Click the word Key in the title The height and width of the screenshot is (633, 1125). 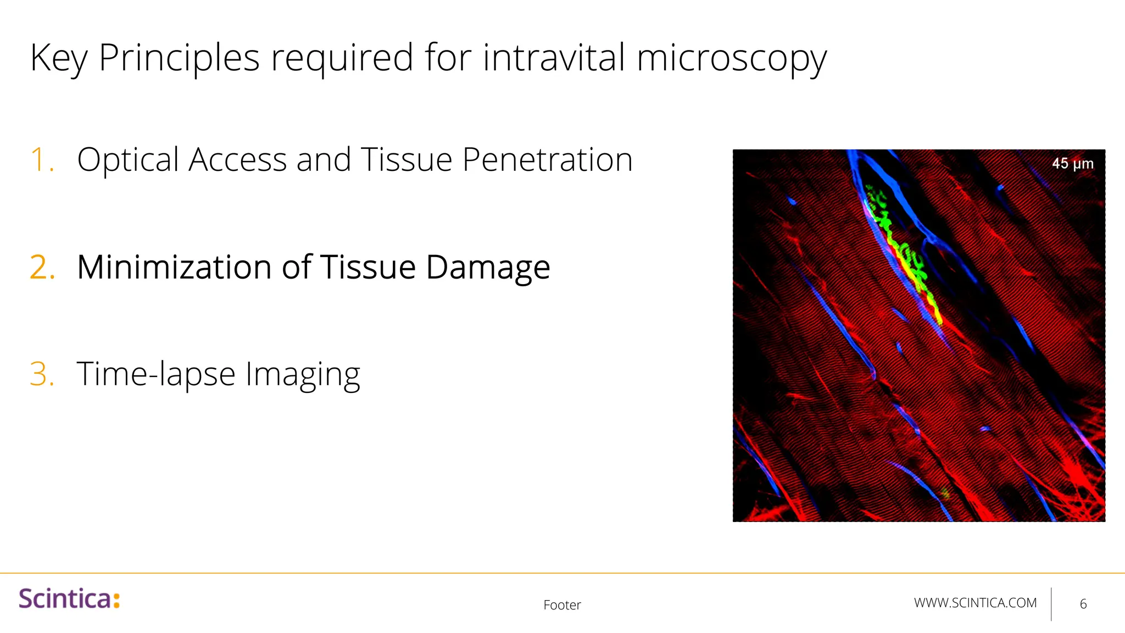click(x=58, y=58)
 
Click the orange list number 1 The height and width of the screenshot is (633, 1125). click(x=42, y=160)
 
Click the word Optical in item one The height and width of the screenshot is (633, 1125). click(x=128, y=160)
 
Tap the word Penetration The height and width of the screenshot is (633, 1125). click(x=547, y=160)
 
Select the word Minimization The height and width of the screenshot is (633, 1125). click(x=174, y=268)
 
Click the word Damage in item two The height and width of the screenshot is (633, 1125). click(x=488, y=268)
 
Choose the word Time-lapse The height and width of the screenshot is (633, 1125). click(x=156, y=374)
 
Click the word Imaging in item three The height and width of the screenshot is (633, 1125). click(x=302, y=374)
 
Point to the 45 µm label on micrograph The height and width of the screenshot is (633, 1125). click(x=1072, y=164)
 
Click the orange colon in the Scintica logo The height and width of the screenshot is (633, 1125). click(x=116, y=599)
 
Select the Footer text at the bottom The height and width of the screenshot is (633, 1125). click(x=562, y=605)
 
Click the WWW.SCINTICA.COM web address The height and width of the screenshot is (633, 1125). click(x=975, y=603)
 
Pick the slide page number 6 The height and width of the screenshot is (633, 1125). click(x=1083, y=604)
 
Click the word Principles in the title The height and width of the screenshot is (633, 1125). click(x=179, y=58)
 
